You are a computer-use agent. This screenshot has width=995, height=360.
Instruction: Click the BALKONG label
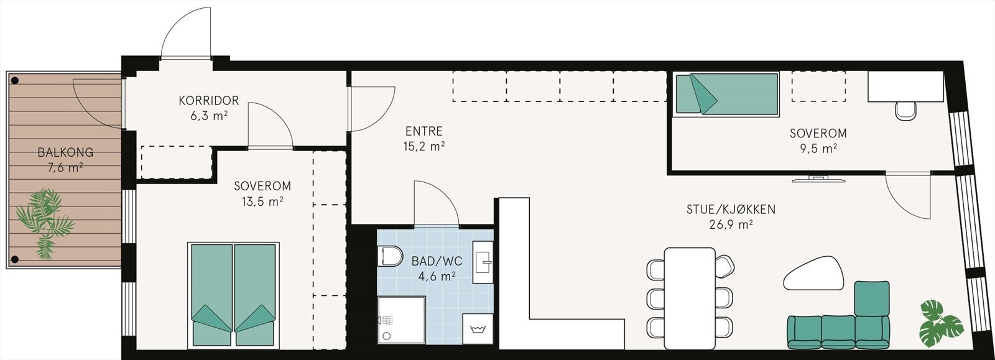pos(65,152)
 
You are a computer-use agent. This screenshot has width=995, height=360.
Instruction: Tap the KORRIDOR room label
pos(208,100)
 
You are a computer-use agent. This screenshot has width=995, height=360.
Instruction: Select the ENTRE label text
pos(423,131)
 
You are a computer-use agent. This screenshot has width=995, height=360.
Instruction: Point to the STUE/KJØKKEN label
pos(731,209)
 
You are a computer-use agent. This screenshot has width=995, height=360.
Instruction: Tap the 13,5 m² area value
pos(262,201)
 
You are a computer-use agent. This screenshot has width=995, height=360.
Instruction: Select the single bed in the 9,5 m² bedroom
pos(726,95)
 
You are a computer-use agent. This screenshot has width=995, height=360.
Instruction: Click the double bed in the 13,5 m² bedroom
pos(233,294)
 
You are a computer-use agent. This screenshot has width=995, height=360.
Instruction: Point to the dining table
pos(688,298)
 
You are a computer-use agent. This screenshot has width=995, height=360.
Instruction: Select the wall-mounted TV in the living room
pos(818,179)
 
